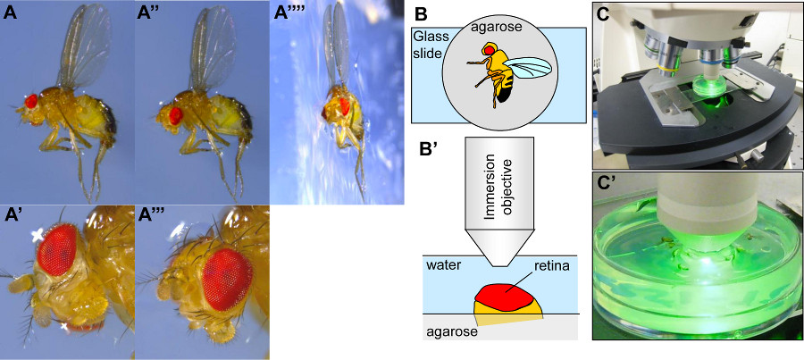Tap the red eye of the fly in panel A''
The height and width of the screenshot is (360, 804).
[x=174, y=113]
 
